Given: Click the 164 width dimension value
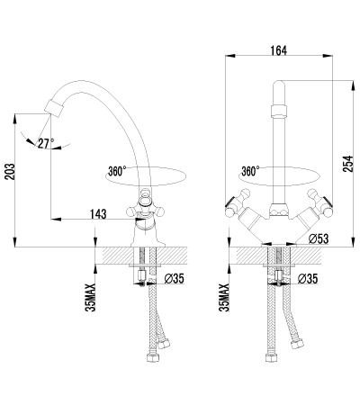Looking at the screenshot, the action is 279,50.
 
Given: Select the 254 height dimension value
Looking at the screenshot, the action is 348,164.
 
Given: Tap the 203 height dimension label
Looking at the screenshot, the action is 10,171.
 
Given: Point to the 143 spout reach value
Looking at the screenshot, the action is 98,214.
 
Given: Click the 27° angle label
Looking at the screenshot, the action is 46,143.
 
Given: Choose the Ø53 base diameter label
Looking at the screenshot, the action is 319,238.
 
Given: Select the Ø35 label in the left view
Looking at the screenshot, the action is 174,279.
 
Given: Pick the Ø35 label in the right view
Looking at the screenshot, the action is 308,279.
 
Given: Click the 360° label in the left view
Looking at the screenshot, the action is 117,171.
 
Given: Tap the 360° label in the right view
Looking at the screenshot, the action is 250,171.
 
